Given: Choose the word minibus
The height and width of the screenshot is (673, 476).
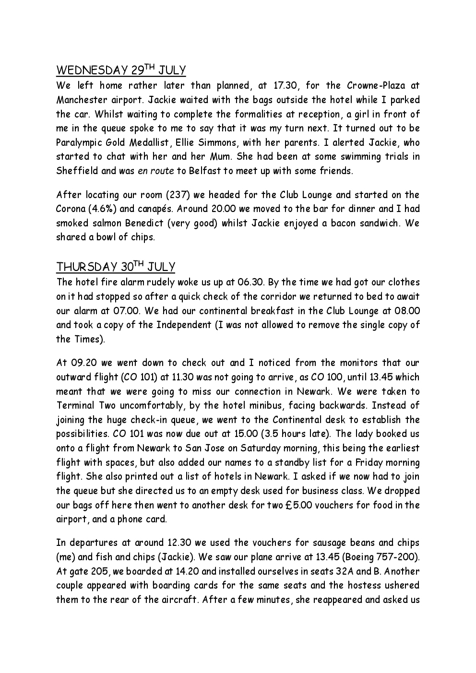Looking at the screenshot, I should coord(256,405).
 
